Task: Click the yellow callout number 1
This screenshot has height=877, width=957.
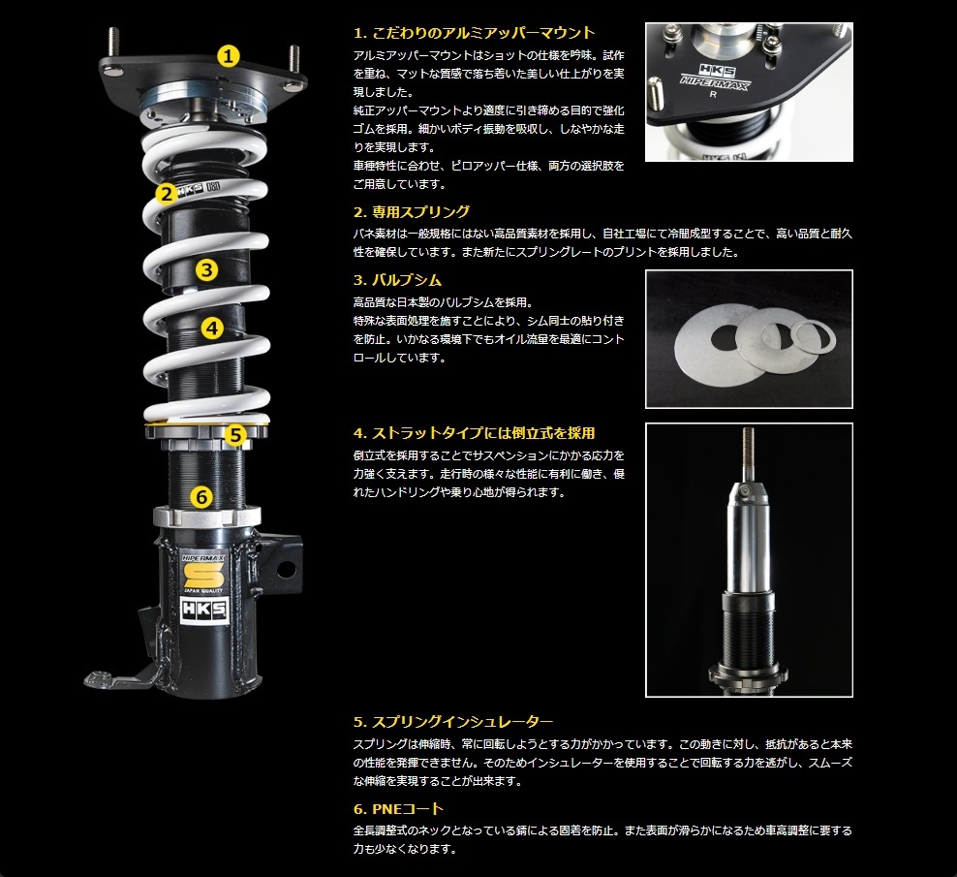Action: [229, 56]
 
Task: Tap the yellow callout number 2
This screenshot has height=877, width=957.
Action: [166, 194]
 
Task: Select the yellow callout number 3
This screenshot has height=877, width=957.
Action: [207, 269]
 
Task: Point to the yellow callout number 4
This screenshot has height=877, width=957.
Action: [212, 329]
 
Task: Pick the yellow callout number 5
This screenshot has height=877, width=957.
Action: [235, 435]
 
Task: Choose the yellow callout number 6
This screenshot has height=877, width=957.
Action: [202, 497]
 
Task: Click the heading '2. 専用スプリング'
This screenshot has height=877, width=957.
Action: [412, 212]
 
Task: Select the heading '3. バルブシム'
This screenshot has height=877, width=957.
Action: [397, 280]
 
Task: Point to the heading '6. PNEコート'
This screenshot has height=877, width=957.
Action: [398, 808]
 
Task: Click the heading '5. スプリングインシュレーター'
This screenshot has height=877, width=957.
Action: [453, 722]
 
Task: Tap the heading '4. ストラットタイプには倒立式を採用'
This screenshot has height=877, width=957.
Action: [475, 433]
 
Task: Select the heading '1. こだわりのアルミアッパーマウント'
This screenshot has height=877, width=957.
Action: [475, 32]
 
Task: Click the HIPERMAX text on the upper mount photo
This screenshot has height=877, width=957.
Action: [715, 82]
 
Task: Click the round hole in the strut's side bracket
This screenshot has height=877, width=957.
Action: [285, 569]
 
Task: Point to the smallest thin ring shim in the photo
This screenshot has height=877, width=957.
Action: [814, 336]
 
